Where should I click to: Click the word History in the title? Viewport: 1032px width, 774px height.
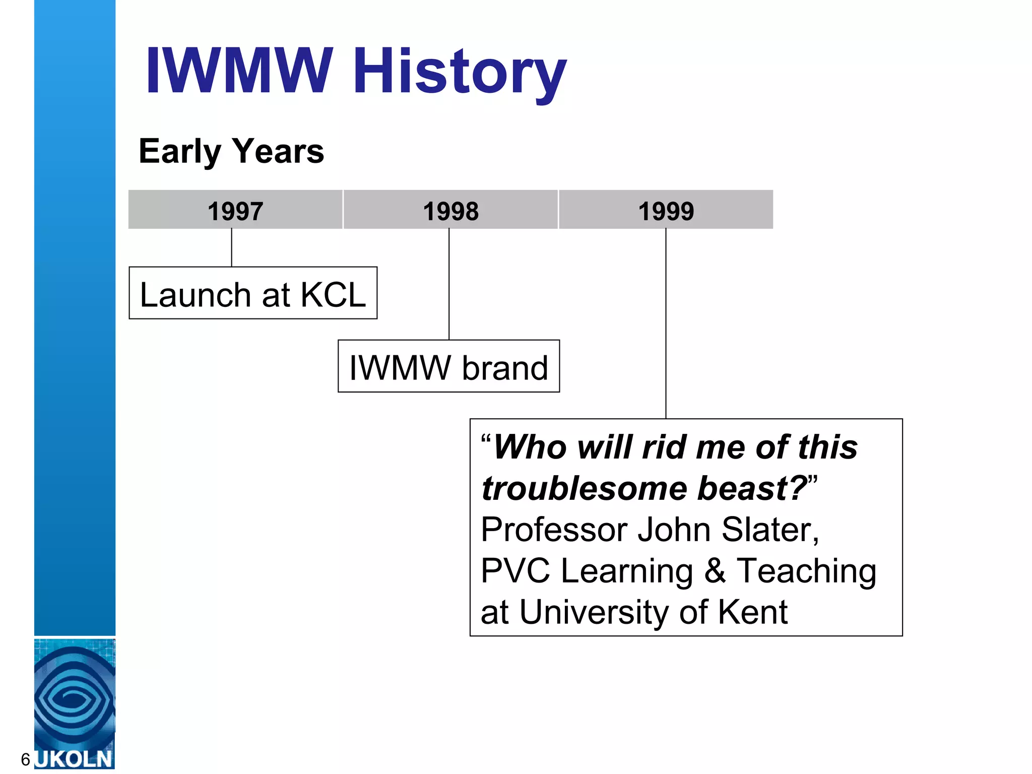460,72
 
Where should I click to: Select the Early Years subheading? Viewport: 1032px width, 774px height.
231,151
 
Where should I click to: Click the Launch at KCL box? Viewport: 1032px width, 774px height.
253,294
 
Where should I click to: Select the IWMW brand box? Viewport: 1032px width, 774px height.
448,367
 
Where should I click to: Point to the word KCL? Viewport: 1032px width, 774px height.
333,295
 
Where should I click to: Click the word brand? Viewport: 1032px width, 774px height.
505,368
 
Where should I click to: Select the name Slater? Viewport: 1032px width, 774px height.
769,530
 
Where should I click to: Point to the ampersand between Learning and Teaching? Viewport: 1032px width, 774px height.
715,571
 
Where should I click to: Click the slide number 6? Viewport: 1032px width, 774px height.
25,759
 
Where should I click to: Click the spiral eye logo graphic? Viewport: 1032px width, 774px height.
75,698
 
